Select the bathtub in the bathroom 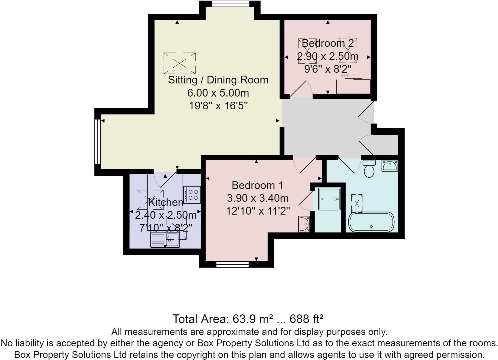click(371, 222)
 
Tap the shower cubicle click(329, 199)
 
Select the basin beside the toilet click(390, 165)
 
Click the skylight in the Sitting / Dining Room click(180, 63)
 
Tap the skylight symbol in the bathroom click(357, 203)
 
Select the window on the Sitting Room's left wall click(97, 142)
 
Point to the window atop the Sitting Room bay click(230, 4)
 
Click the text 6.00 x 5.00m click(218, 93)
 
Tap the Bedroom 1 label click(257, 185)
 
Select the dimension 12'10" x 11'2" click(258, 211)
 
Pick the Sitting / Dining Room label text click(218, 80)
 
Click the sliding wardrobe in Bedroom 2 click(353, 86)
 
